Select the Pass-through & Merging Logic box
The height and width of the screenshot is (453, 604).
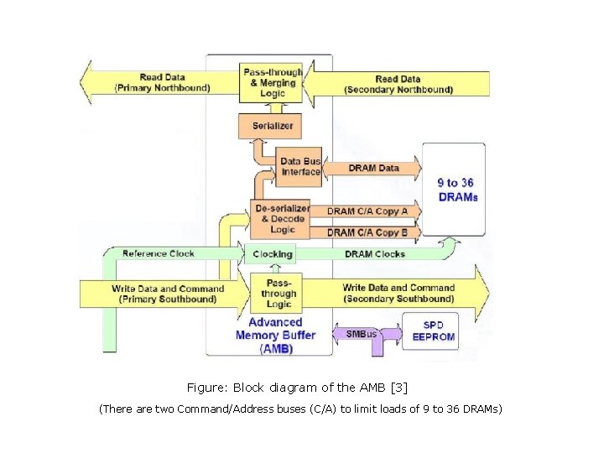pos(272,82)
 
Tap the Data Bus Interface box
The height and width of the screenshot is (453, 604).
pos(300,167)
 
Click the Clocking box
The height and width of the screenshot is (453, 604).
pos(273,254)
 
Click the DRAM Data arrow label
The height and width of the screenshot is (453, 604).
pos(373,168)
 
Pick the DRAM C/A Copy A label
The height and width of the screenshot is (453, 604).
pos(367,211)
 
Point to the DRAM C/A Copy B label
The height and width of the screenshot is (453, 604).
pos(367,232)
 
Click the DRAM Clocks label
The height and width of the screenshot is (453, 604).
pos(374,254)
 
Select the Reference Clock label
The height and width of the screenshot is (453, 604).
pos(158,253)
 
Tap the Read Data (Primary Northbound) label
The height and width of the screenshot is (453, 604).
pos(162,82)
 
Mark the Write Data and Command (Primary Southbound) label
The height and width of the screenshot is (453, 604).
pos(168,294)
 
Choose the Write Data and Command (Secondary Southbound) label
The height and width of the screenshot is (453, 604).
pos(398,294)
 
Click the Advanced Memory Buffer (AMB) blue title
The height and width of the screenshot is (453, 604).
pos(276,335)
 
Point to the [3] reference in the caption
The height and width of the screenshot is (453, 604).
pos(398,388)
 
